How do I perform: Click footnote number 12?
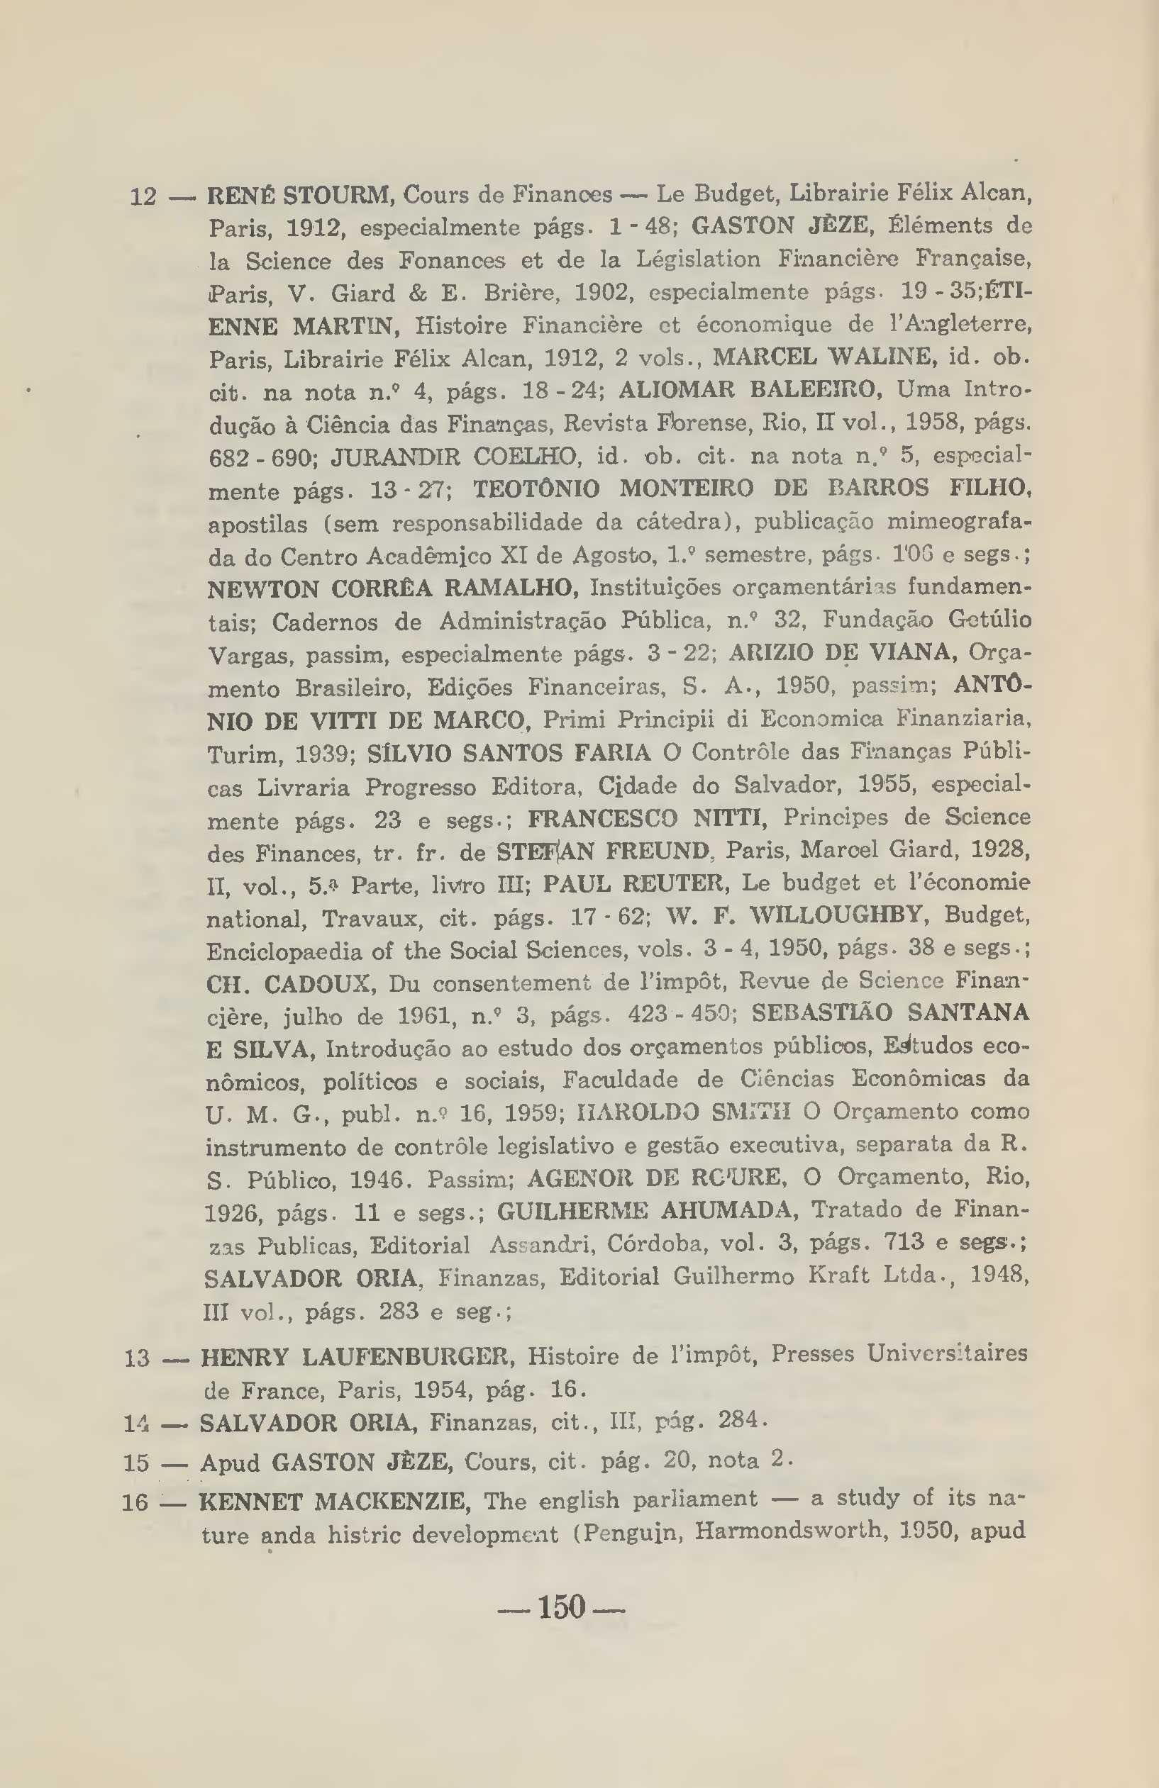pos(143,197)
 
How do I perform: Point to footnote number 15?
pos(136,1463)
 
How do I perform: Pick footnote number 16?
pos(135,1502)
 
